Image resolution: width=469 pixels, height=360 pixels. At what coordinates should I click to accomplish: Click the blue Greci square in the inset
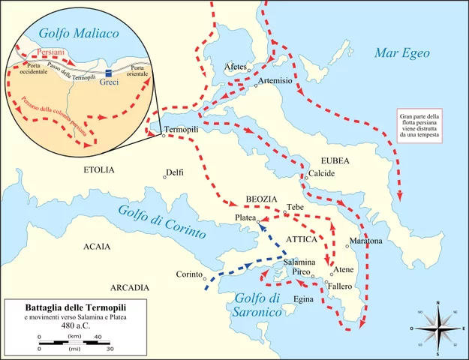[109, 73]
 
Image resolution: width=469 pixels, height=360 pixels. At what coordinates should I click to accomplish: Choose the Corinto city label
[190, 274]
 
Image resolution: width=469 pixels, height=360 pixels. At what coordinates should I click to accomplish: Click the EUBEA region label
[335, 160]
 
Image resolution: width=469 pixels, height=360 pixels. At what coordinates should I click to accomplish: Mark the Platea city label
[245, 217]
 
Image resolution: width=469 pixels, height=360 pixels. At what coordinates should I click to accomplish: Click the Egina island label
[303, 299]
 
